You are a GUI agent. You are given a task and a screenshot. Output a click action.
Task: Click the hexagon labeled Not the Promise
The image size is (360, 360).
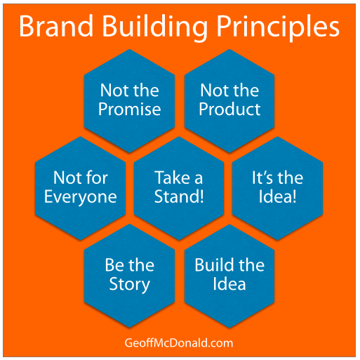tap(129, 100)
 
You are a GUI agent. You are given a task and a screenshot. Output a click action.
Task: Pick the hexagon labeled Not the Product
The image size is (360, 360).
tap(229, 100)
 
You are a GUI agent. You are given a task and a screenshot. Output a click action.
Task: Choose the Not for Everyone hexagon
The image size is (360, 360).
tap(80, 187)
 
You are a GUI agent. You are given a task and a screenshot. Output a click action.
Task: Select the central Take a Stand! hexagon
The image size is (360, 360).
tap(180, 187)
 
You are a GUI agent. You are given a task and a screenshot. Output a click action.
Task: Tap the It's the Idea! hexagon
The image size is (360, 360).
tap(278, 187)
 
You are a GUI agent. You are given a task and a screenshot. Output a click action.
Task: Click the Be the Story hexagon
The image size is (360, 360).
tap(129, 274)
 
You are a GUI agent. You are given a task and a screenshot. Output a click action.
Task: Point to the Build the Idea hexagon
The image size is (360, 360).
tap(229, 274)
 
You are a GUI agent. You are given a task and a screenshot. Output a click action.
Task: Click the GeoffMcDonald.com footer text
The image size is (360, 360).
tap(180, 343)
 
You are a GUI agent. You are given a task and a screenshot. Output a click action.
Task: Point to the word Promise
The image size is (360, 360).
tap(129, 109)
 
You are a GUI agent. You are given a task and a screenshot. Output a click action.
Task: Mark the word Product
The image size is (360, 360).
tap(229, 109)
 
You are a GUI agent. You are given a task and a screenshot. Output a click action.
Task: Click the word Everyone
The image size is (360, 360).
tap(80, 197)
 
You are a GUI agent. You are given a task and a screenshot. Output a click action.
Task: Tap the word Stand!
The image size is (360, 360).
tap(180, 196)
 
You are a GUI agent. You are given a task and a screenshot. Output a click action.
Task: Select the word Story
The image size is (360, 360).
tap(129, 285)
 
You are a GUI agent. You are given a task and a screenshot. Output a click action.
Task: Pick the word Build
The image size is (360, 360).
tap(211, 265)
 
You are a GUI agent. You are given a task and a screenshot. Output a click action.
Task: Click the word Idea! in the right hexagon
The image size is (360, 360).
tap(278, 196)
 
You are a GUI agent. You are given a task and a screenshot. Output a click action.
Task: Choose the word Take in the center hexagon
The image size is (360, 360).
tap(169, 178)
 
